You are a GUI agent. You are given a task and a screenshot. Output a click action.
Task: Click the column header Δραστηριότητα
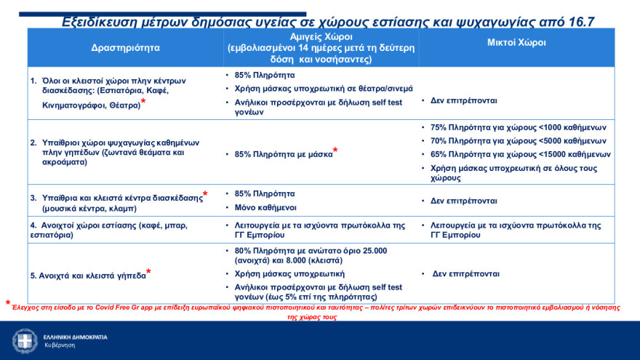[x=125, y=48]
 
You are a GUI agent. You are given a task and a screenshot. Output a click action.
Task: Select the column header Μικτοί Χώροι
[x=516, y=43]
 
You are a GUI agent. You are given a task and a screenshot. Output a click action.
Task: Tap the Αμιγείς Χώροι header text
[x=320, y=37]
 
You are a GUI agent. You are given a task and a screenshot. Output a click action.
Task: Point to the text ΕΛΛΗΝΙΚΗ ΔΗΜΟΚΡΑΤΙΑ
[x=75, y=337]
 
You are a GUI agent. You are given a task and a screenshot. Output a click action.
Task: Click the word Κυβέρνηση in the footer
[x=60, y=345]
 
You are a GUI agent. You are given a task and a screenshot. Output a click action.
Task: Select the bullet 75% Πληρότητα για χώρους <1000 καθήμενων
[x=519, y=127]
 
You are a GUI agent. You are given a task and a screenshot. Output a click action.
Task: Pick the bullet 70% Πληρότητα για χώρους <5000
[x=519, y=141]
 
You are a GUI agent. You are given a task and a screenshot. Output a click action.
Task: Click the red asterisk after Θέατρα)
[x=143, y=103]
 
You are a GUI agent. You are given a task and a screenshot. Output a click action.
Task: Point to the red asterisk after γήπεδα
[x=149, y=273]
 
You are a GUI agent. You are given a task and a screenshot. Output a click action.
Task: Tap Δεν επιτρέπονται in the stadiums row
[x=466, y=274]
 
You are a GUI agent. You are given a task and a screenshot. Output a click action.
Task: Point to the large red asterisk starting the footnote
[x=8, y=304]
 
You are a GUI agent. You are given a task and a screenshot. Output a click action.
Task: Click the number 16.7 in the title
[x=579, y=22]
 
